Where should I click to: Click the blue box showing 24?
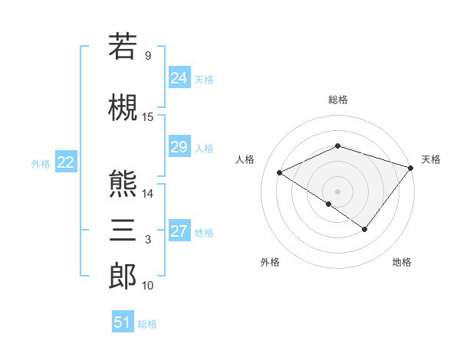179,78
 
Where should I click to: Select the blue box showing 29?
179,147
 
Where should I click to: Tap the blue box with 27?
179,232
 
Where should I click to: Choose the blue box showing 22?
65,162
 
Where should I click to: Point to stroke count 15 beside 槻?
148,117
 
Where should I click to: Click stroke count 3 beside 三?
148,241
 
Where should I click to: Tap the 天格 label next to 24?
204,79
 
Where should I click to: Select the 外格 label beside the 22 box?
41,163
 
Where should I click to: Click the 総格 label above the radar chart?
337,100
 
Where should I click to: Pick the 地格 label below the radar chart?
402,263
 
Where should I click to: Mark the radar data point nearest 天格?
411,168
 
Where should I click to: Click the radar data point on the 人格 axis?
280,173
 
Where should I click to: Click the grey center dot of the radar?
337,191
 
